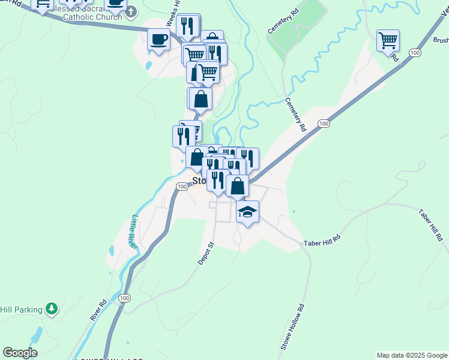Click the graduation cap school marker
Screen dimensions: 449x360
[x=247, y=212]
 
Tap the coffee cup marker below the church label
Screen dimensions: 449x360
[x=159, y=40]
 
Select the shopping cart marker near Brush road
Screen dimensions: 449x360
[x=388, y=41]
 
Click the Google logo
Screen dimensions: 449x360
[x=20, y=353]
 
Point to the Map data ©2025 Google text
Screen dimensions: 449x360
[x=412, y=355]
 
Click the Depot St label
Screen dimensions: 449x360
[x=206, y=254]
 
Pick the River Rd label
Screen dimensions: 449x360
[x=98, y=310]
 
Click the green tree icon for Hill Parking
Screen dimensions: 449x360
[x=52, y=309]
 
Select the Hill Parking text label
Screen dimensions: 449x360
[x=21, y=310]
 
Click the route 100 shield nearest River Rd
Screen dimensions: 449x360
[x=125, y=298]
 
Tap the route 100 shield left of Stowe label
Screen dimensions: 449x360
[x=181, y=187]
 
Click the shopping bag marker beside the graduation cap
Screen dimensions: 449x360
[x=238, y=186]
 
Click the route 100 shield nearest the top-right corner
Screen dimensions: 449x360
[x=414, y=53]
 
